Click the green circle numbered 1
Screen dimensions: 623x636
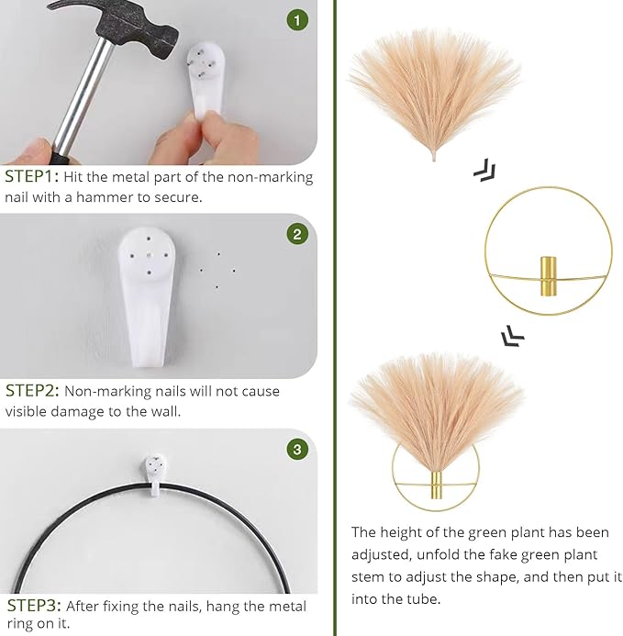coord(297,20)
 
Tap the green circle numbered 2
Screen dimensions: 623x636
coord(297,234)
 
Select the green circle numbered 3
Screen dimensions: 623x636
coord(297,449)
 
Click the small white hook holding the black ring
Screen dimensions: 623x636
coord(155,474)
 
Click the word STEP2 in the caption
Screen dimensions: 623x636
coord(30,391)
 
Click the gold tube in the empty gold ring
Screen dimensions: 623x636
coord(548,276)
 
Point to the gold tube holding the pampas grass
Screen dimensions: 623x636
coord(436,485)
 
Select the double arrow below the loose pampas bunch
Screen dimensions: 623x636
coord(485,170)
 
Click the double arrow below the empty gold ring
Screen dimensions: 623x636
coord(513,336)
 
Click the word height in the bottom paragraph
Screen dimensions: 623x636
coord(406,532)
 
